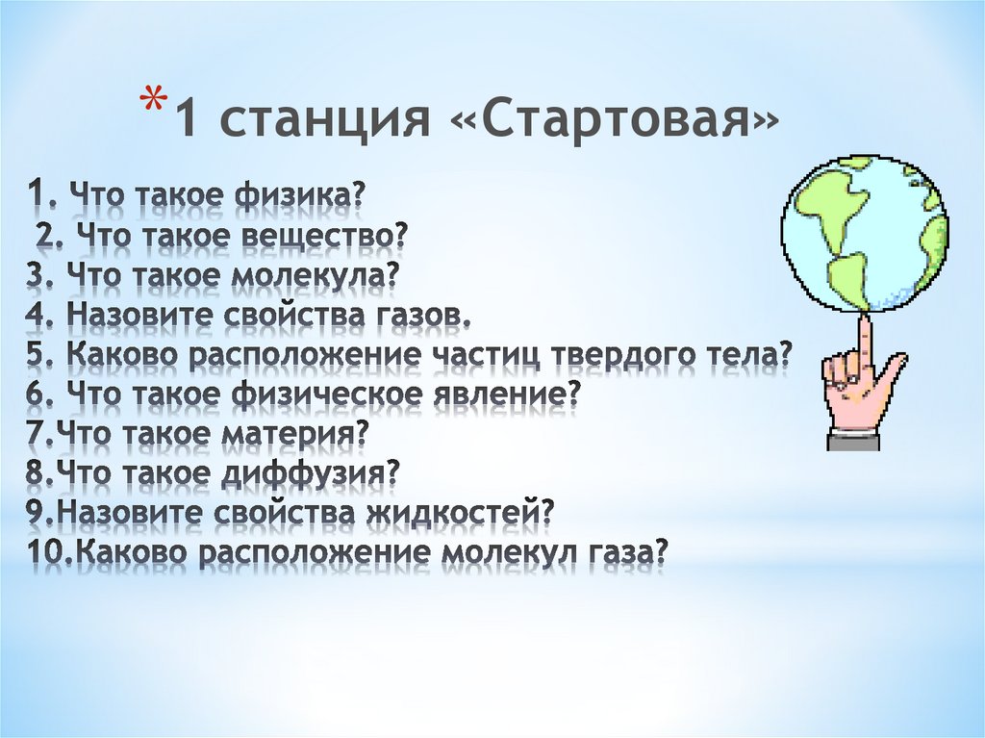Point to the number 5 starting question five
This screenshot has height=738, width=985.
pos(38,356)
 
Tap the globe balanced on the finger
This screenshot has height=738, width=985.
pos(864,233)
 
